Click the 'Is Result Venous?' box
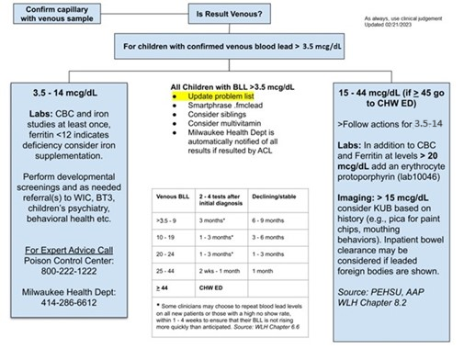click(x=232, y=15)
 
